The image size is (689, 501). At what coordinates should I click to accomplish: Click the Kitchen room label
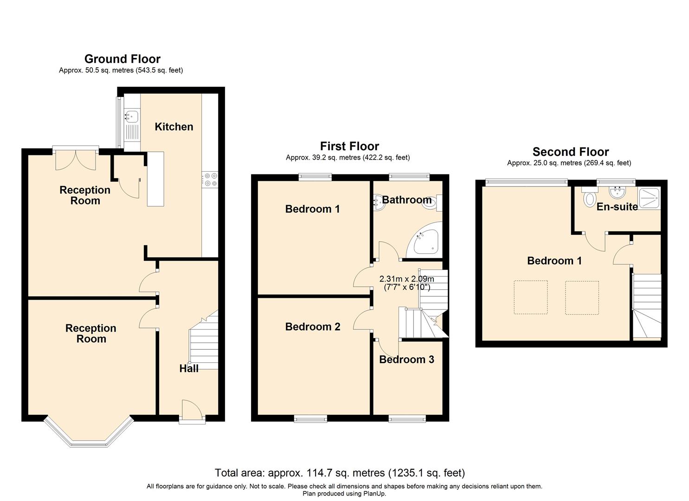tap(174, 127)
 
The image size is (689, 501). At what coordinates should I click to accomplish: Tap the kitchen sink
tap(132, 116)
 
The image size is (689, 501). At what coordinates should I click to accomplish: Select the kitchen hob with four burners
tap(210, 179)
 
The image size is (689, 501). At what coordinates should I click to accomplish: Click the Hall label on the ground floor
tap(189, 368)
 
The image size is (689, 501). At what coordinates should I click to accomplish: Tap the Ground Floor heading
tap(122, 59)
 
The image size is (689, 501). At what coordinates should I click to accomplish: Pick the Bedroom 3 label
tap(406, 360)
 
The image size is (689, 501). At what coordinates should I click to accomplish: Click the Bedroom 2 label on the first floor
tap(313, 327)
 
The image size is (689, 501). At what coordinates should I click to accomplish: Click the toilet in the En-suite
tap(590, 198)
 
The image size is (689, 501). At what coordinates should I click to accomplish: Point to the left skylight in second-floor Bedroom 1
tap(530, 297)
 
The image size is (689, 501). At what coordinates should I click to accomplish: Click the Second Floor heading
tap(570, 152)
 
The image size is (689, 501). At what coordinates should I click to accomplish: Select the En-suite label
tap(617, 207)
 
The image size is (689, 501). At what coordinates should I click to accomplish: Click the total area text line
tap(340, 473)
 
